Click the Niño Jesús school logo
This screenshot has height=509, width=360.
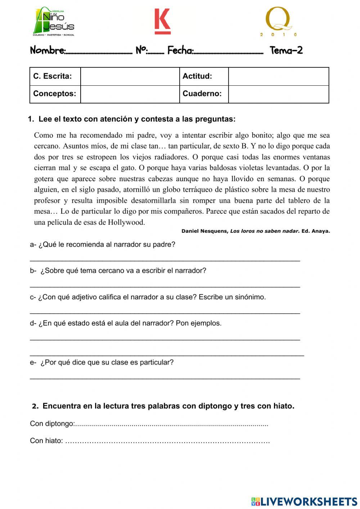(x=54, y=22)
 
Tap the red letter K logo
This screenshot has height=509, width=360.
(x=162, y=21)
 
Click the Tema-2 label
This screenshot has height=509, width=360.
(x=286, y=50)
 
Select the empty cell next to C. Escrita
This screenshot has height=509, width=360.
(x=130, y=76)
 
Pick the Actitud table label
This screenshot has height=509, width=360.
(x=197, y=76)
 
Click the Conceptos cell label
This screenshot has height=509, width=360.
(x=55, y=94)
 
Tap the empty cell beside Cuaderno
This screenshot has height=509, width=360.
(x=278, y=94)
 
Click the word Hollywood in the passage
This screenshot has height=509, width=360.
(x=126, y=222)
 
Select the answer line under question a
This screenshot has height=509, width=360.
(x=165, y=260)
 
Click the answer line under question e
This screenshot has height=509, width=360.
(x=165, y=378)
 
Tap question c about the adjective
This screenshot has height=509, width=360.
(x=148, y=297)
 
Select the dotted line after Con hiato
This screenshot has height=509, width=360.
(x=168, y=442)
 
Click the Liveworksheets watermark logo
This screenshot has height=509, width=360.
(x=304, y=501)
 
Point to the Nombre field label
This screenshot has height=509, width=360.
(x=48, y=50)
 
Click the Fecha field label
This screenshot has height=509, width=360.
(x=180, y=50)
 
